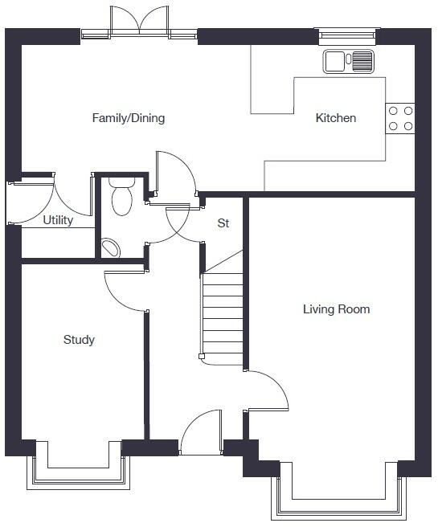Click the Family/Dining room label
129,118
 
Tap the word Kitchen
335,118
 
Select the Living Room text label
336,308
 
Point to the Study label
79,340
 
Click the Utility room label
58,220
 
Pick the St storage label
223,223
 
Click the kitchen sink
349,61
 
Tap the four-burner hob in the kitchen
400,118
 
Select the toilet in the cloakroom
121,198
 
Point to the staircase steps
222,317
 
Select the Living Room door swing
266,392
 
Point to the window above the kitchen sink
347,34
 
